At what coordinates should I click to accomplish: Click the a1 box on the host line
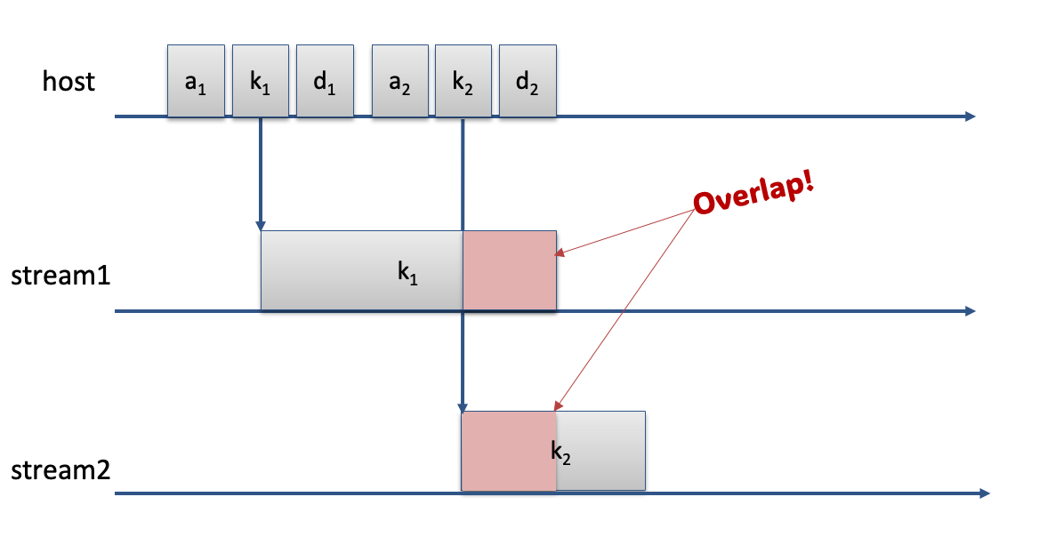coord(196,81)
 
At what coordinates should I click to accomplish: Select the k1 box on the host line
coord(261,81)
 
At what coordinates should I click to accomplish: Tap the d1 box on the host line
coord(325,81)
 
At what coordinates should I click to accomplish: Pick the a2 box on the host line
coord(400,81)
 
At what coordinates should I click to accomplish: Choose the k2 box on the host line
coord(463,81)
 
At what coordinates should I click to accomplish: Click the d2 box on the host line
coord(528,81)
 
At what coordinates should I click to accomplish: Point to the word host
coord(68,82)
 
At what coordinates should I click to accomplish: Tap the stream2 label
coord(60,470)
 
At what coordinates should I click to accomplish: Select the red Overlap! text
coord(754,195)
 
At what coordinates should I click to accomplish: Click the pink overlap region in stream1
coord(510,270)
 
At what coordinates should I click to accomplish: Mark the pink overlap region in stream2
coord(508,451)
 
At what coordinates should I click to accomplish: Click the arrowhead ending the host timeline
coord(971,116)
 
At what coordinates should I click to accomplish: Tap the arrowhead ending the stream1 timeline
coord(971,311)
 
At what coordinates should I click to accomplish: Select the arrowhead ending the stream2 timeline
coord(984,493)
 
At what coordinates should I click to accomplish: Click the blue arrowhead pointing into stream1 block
coord(261,226)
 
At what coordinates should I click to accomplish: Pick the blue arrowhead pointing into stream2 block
coord(463,407)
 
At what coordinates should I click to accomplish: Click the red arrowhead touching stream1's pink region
coord(560,252)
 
